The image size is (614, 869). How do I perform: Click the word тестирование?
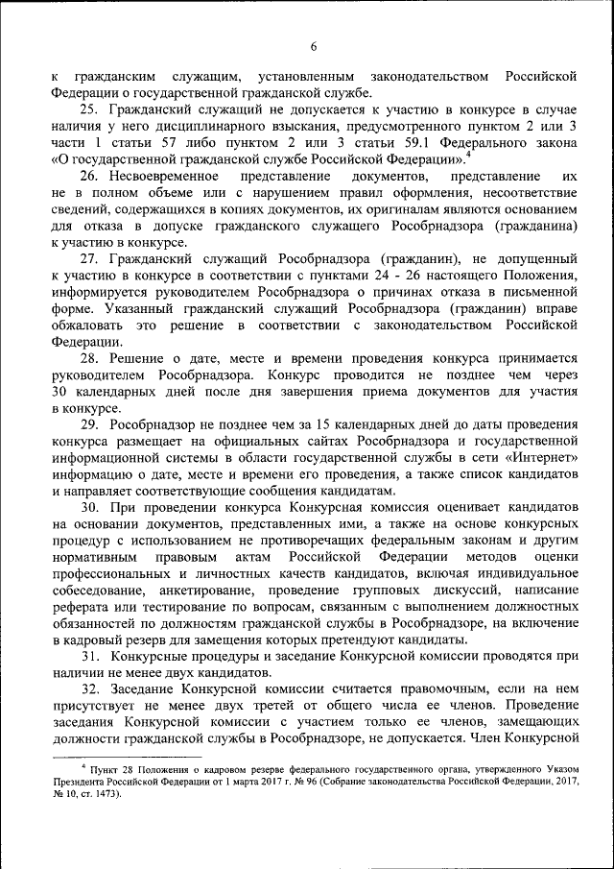tap(168, 605)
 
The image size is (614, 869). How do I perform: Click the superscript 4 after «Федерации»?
tap(469, 155)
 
